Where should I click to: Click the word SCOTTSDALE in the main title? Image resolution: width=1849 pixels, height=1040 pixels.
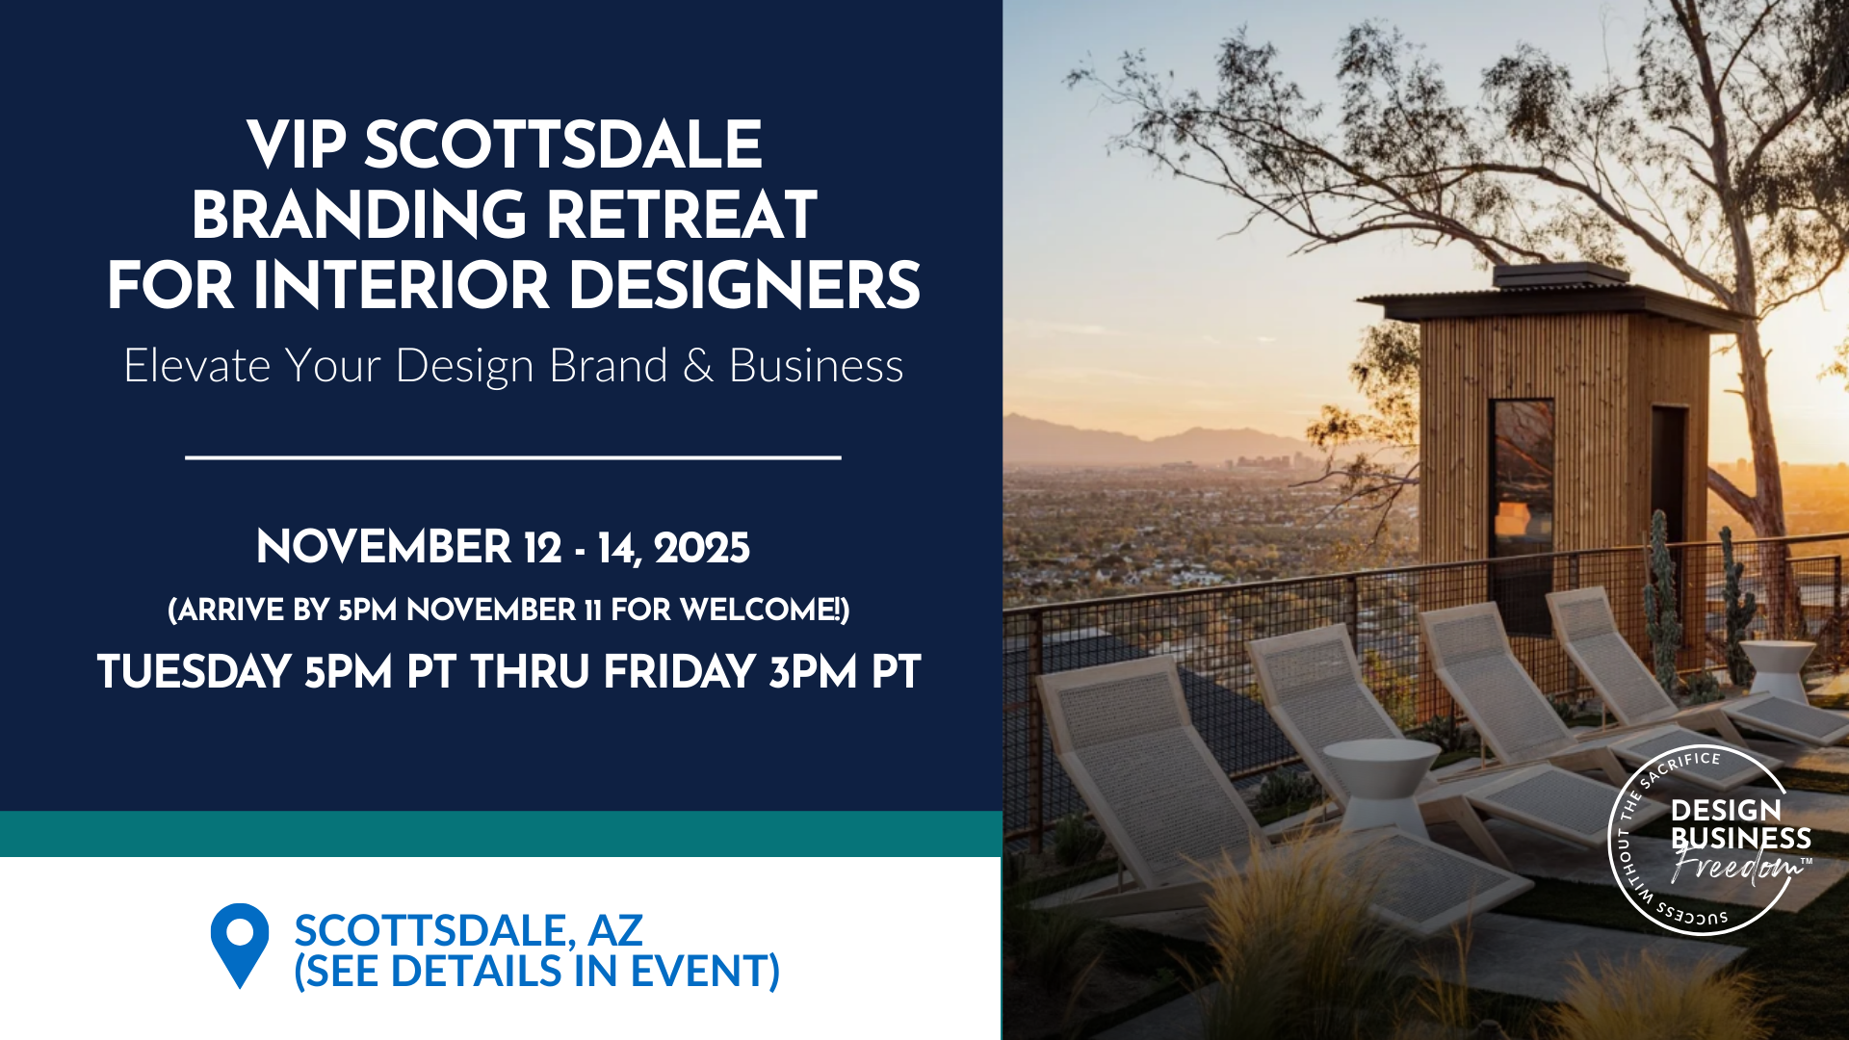(562, 145)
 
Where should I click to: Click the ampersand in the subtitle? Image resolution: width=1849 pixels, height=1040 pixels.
(698, 366)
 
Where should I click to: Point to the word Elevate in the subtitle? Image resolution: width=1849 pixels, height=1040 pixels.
(196, 366)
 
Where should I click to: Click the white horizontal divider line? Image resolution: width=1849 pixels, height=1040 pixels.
(512, 457)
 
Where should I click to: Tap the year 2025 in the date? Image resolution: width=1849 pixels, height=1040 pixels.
(701, 548)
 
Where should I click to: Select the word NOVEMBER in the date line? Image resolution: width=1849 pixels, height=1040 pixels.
(383, 548)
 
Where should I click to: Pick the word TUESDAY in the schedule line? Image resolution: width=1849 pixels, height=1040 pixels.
(194, 672)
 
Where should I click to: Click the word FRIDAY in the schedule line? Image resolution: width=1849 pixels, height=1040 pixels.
(679, 672)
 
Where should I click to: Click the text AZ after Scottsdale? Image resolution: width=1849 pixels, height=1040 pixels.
(614, 930)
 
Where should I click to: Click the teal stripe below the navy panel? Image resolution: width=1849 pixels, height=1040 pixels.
(501, 834)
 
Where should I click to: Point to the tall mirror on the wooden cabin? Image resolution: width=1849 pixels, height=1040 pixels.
(1522, 481)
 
